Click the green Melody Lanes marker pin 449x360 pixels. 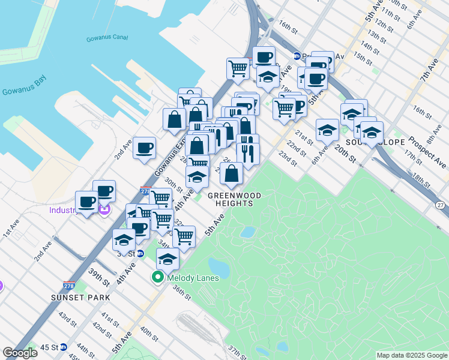click(158, 277)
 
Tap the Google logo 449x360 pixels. click(20, 353)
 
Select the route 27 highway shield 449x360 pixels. click(441, 206)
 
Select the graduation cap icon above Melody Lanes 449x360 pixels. click(168, 259)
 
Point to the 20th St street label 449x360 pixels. click(346, 154)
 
